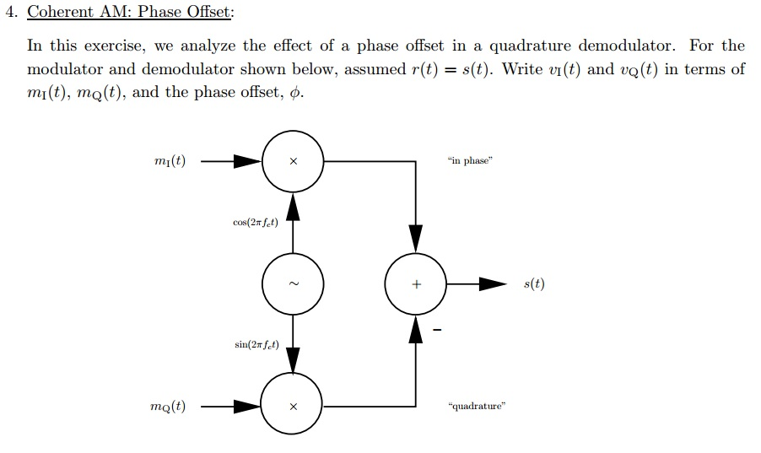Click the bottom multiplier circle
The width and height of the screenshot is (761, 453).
293,407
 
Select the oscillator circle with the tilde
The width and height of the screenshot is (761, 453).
293,284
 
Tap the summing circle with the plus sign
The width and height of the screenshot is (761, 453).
416,284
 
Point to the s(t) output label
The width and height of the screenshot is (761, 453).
534,284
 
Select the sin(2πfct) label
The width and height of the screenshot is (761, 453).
256,345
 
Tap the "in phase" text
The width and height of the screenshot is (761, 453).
470,161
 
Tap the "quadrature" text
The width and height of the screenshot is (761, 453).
478,407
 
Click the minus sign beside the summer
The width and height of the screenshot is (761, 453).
438,330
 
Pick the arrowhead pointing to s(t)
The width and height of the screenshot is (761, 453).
494,284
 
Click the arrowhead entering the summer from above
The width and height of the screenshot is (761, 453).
416,237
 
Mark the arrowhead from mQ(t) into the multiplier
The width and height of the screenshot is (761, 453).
247,407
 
